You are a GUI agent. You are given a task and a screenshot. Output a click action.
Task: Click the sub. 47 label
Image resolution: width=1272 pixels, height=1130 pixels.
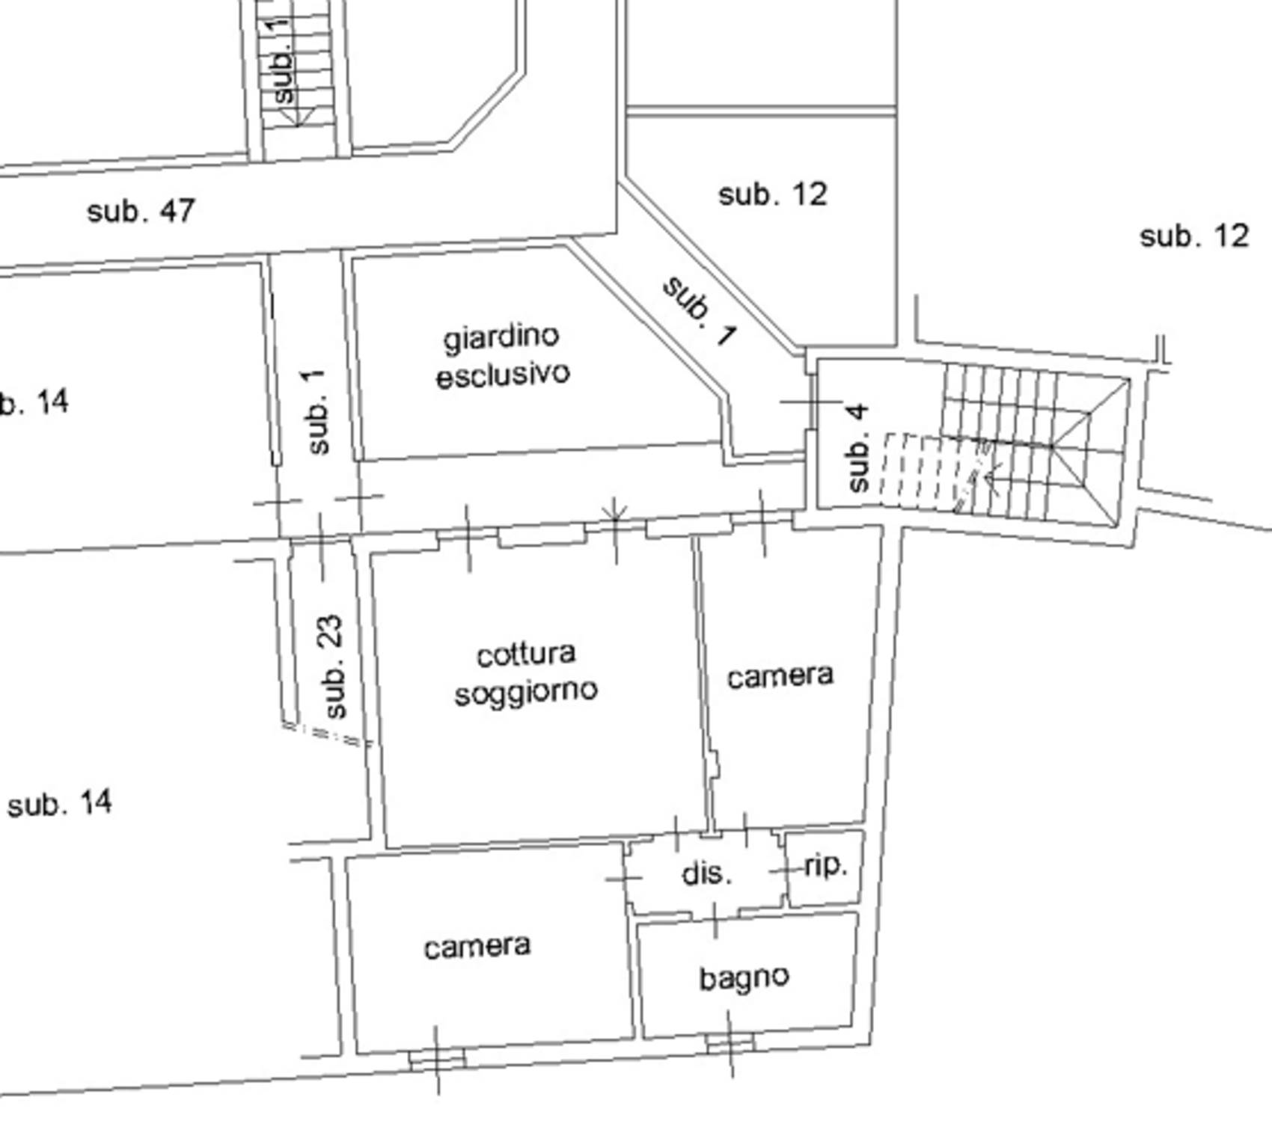(x=141, y=212)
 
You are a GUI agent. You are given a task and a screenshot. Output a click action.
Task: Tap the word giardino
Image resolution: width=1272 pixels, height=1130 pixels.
(x=501, y=339)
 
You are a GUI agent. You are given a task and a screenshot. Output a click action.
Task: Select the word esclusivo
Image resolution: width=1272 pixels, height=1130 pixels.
(x=503, y=373)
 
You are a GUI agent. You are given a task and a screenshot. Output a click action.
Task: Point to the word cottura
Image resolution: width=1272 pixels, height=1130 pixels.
(x=526, y=655)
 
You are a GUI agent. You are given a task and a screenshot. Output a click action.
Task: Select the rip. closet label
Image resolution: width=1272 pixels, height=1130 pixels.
(x=826, y=867)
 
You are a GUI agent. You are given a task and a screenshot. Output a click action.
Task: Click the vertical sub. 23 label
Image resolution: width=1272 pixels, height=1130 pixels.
(x=331, y=666)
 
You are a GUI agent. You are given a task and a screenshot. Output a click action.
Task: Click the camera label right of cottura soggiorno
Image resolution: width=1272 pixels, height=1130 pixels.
(x=780, y=677)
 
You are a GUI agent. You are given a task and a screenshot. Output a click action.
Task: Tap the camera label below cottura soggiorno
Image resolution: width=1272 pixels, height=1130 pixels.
(x=477, y=947)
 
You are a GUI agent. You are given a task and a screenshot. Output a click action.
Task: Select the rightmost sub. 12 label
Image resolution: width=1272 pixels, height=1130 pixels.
(x=1194, y=237)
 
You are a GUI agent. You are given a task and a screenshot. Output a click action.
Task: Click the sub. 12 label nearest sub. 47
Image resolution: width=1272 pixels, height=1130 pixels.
(x=773, y=195)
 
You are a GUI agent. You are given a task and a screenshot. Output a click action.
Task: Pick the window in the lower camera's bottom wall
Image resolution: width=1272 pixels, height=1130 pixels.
(x=438, y=1058)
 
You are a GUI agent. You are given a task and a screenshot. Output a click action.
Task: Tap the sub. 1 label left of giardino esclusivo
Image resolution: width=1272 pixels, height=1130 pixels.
(x=317, y=411)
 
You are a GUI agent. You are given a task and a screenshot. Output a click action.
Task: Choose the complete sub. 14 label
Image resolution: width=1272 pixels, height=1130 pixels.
(x=60, y=804)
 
